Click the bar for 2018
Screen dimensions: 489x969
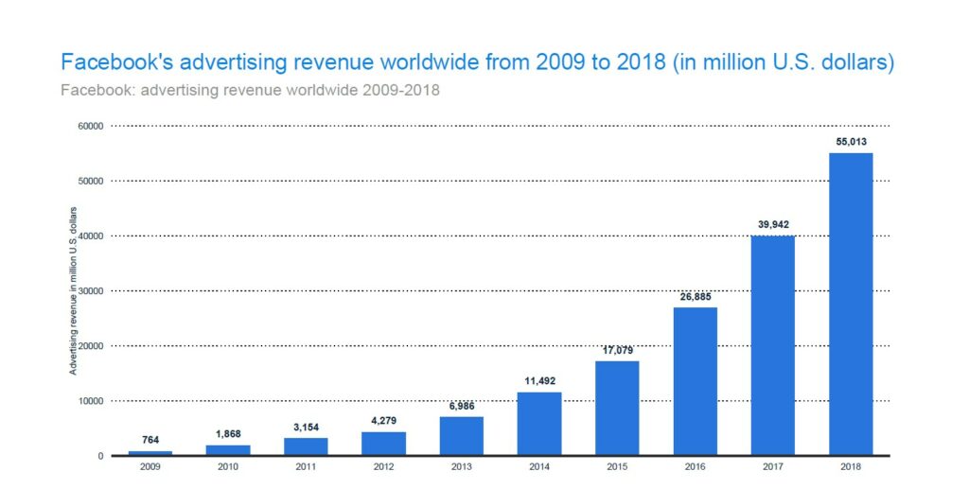(x=851, y=304)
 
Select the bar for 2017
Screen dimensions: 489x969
(x=773, y=345)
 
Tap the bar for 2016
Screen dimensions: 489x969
(x=695, y=381)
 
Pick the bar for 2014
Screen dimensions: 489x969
(x=539, y=424)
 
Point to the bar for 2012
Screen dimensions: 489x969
(x=383, y=444)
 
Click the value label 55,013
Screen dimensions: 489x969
(x=851, y=140)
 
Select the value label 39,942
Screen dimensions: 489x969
(x=773, y=224)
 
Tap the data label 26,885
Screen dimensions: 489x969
(x=695, y=296)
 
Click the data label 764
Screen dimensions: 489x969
(x=150, y=440)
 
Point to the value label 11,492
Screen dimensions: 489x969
(x=539, y=381)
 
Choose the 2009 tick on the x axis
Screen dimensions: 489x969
(x=150, y=465)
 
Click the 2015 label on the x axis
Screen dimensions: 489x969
(x=617, y=465)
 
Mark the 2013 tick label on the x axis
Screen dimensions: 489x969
(x=461, y=465)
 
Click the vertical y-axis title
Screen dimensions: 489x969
(x=73, y=289)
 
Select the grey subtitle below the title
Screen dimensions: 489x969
(x=249, y=91)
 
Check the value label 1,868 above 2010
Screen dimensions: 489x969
(x=227, y=434)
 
